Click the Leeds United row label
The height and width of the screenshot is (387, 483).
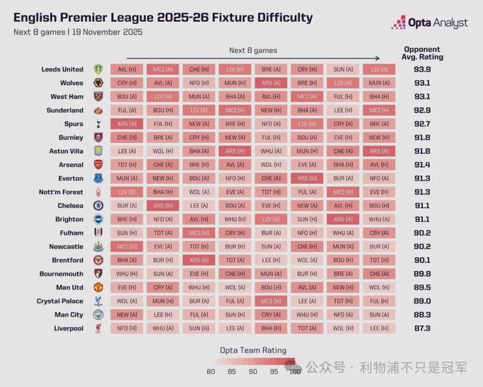tap(62, 70)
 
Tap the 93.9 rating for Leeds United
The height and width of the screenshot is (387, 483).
tap(422, 70)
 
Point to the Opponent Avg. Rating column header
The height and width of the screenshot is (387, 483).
tap(422, 53)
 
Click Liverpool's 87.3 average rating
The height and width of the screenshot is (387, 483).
tap(422, 328)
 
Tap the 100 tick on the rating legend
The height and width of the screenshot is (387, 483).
tap(294, 372)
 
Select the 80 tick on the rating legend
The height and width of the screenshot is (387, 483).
tap(210, 372)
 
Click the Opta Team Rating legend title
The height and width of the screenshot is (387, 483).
tap(253, 350)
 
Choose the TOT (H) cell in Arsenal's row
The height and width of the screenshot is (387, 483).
tap(127, 165)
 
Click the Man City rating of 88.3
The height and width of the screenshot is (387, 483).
tap(422, 314)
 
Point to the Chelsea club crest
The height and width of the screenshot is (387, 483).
tap(98, 206)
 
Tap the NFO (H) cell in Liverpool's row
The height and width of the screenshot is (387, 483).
tap(127, 328)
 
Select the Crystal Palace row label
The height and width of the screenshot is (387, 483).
tap(60, 301)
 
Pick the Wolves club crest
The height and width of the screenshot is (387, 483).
tap(98, 83)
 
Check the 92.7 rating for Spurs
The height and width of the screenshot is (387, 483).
tap(422, 124)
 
